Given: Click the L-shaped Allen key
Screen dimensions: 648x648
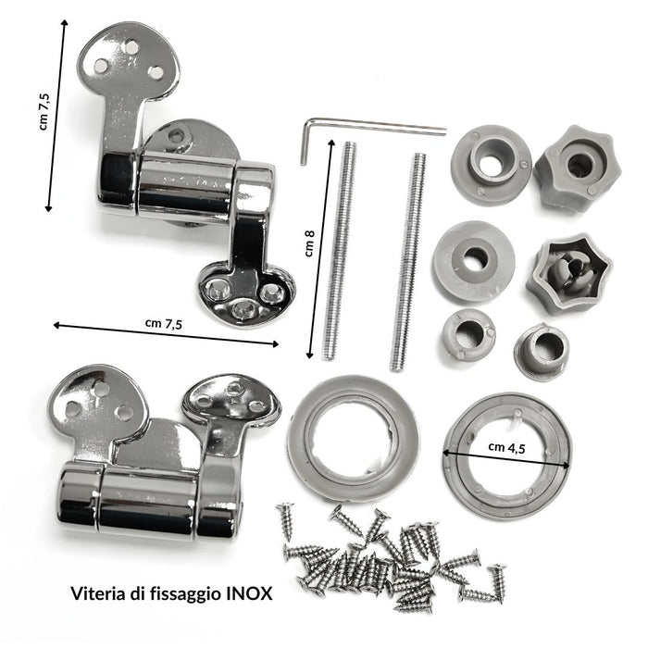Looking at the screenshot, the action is pyautogui.click(x=372, y=126).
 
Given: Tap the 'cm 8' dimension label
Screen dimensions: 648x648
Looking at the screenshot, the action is pyautogui.click(x=309, y=243).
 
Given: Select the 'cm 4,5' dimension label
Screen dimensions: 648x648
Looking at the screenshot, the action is pyautogui.click(x=506, y=447).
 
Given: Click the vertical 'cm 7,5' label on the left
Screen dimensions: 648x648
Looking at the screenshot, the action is pyautogui.click(x=44, y=112).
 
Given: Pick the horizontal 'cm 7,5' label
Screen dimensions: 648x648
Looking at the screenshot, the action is pyautogui.click(x=164, y=324).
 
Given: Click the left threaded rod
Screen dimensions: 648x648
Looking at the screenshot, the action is pyautogui.click(x=339, y=251).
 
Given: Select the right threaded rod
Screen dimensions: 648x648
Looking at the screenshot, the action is pyautogui.click(x=408, y=262).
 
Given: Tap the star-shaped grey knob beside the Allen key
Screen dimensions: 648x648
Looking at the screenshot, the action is pyautogui.click(x=578, y=168).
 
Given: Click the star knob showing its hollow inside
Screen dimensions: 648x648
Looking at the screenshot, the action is pyautogui.click(x=569, y=273).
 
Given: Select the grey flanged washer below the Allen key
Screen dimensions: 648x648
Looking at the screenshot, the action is pyautogui.click(x=491, y=165).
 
